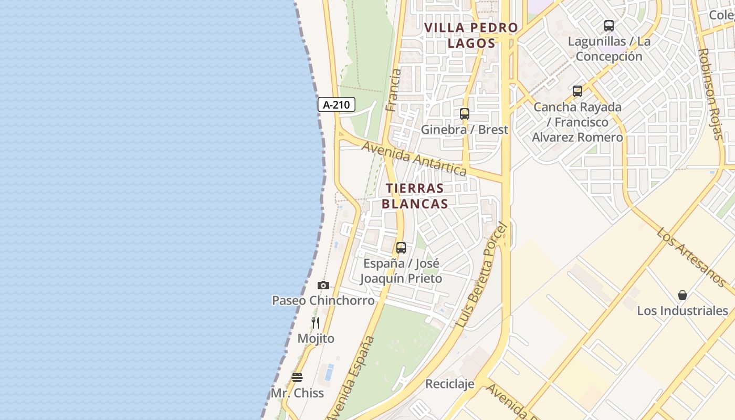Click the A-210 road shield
click(x=337, y=104)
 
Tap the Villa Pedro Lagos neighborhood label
click(x=471, y=35)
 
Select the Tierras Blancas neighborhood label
click(x=415, y=196)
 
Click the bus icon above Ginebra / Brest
click(x=465, y=114)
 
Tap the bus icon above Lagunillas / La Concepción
click(x=609, y=25)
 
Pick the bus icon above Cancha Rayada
click(x=577, y=91)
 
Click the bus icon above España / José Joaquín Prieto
click(x=401, y=248)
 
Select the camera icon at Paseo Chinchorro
click(x=323, y=286)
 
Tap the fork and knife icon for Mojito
click(x=316, y=323)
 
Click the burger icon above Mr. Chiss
click(x=297, y=377)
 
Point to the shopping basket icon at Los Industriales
click(x=682, y=295)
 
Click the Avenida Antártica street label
click(x=414, y=159)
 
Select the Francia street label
click(x=393, y=90)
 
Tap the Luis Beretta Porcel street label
click(x=482, y=275)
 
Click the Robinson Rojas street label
click(x=711, y=94)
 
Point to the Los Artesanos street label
click(x=691, y=257)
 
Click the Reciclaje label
click(x=450, y=384)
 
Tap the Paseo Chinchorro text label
click(x=323, y=300)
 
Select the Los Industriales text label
click(x=682, y=310)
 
